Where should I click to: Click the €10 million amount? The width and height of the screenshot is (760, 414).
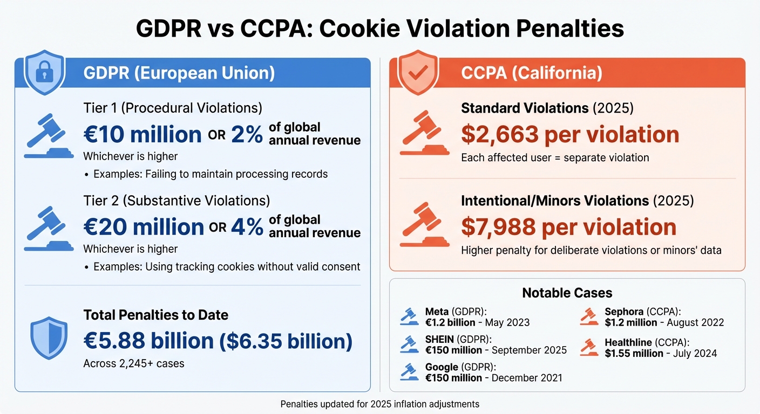pyautogui.click(x=142, y=134)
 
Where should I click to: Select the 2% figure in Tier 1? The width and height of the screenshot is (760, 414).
pyautogui.click(x=247, y=134)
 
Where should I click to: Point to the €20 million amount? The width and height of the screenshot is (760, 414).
pyautogui.click(x=144, y=227)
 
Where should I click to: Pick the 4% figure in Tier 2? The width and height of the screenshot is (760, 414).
pyautogui.click(x=247, y=227)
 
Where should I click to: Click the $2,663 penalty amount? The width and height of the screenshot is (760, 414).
pyautogui.click(x=500, y=134)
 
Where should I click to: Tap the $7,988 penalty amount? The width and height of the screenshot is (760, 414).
pyautogui.click(x=499, y=227)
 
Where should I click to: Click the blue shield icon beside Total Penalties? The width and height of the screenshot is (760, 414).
pyautogui.click(x=49, y=338)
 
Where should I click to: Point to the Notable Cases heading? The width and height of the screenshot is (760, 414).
pyautogui.click(x=567, y=293)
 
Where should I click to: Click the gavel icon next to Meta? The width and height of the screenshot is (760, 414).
pyautogui.click(x=409, y=316)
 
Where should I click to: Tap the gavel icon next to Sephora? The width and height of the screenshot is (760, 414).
pyautogui.click(x=589, y=316)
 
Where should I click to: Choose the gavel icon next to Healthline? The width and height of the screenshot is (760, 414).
pyautogui.click(x=589, y=347)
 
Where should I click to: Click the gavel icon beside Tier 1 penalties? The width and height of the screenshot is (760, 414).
pyautogui.click(x=49, y=135)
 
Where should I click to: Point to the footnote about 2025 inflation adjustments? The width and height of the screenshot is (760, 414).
pyautogui.click(x=380, y=404)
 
